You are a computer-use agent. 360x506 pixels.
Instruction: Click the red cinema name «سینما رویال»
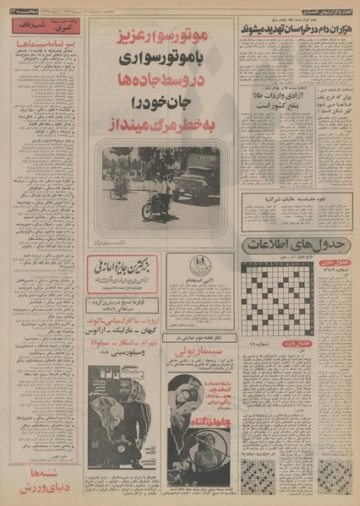tap(196, 373)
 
